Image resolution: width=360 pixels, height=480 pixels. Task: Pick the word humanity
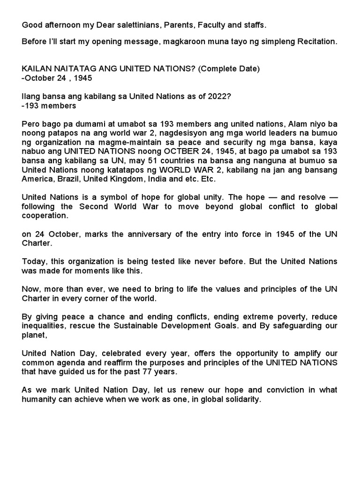tap(39, 400)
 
